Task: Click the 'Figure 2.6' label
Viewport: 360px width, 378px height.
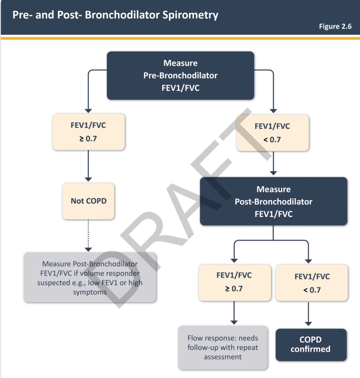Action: coord(335,26)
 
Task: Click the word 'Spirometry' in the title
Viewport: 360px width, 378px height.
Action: coord(190,15)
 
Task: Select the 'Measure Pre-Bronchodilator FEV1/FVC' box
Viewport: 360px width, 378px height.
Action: coord(180,75)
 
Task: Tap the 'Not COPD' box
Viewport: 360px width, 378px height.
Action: coord(88,201)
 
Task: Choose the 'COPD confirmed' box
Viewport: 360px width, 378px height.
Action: coord(311,345)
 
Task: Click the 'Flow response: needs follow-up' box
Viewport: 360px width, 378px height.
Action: coord(223,348)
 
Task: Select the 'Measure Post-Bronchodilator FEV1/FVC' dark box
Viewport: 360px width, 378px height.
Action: coord(273,201)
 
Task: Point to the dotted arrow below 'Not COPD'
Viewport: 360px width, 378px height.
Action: coord(88,235)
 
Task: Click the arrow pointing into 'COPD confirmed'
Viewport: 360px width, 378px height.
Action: coord(308,314)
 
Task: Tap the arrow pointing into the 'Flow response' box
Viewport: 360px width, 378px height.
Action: coord(234,312)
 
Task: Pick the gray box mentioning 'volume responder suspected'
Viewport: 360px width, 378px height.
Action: coord(90,278)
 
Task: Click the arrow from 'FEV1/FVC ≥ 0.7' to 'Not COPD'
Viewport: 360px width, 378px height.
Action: coord(88,166)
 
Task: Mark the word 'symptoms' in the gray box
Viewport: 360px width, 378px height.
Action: coord(90,292)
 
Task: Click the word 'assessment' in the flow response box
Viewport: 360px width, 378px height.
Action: coord(223,357)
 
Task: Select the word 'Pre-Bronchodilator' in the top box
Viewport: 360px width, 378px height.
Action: coord(180,76)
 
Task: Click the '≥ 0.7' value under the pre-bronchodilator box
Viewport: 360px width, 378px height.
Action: coord(88,139)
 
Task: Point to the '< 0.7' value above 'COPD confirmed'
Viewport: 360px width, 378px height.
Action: coord(312,290)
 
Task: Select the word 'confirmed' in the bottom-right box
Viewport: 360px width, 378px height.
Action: coord(310,349)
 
